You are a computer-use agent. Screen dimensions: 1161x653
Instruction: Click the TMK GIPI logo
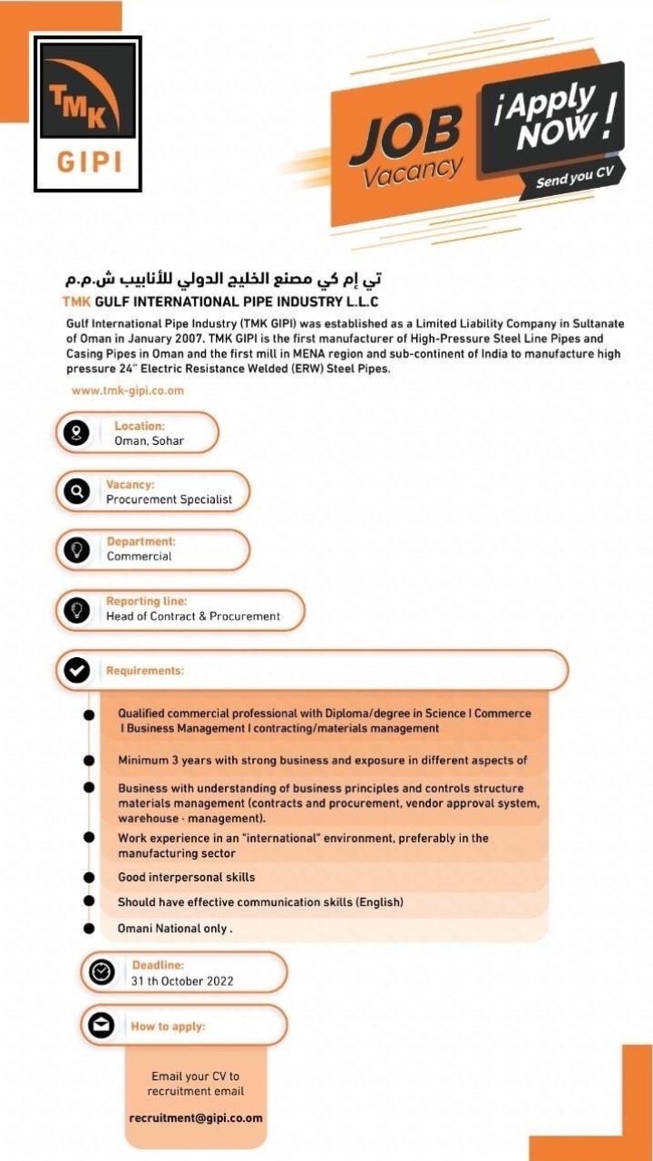pyautogui.click(x=88, y=113)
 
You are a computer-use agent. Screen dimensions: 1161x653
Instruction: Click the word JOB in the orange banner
pyautogui.click(x=404, y=133)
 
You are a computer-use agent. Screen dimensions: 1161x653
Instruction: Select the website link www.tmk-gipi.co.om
pyautogui.click(x=128, y=390)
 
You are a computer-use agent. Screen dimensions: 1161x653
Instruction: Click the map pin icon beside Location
pyautogui.click(x=77, y=433)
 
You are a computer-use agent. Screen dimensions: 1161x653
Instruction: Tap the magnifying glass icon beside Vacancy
pyautogui.click(x=77, y=492)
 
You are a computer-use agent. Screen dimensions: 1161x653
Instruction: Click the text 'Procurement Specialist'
pyautogui.click(x=169, y=499)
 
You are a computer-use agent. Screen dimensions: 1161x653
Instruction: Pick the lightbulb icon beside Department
pyautogui.click(x=77, y=550)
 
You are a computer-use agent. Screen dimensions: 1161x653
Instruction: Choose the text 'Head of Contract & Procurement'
pyautogui.click(x=193, y=616)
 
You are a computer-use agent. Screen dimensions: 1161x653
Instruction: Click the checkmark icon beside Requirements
pyautogui.click(x=77, y=671)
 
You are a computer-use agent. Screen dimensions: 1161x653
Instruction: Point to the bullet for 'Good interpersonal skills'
pyautogui.click(x=89, y=878)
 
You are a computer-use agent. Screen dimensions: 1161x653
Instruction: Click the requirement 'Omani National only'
pyautogui.click(x=175, y=929)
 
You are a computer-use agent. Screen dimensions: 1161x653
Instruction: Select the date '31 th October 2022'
pyautogui.click(x=182, y=981)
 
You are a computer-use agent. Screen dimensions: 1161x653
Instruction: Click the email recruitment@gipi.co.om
pyautogui.click(x=196, y=1117)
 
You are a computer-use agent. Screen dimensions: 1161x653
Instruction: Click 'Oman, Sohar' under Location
pyautogui.click(x=149, y=441)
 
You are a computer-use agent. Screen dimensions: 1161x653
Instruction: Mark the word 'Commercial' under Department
pyautogui.click(x=139, y=556)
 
